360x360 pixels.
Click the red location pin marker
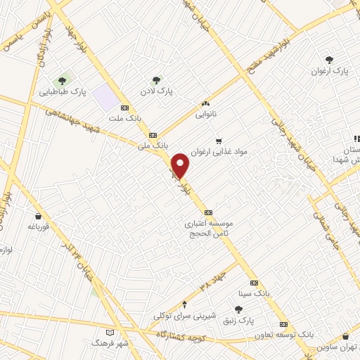point(181,166)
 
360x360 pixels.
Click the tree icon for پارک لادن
point(156,80)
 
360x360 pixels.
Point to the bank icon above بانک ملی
point(153,135)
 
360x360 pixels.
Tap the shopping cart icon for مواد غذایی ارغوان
point(219,141)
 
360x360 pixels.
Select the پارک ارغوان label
point(330,71)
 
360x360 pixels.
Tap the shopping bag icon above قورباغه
point(37,216)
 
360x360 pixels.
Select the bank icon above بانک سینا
point(254,282)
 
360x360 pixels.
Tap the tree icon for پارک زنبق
point(238,310)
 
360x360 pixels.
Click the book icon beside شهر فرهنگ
point(108,332)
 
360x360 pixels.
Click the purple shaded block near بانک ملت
point(105,96)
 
